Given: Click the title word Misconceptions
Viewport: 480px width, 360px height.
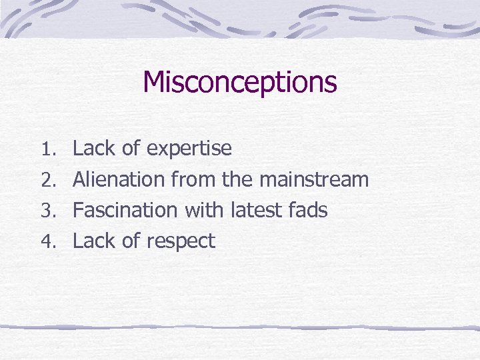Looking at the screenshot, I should coord(239,83).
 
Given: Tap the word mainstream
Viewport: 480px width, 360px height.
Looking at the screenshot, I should coord(313,179).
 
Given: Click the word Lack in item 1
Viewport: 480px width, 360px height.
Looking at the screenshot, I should coord(93,148).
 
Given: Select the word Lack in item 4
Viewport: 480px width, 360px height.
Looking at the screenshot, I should coord(93,241).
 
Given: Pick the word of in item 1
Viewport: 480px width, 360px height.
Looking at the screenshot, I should coord(131,148).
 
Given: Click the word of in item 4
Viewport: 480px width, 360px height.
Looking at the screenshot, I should coord(131,241).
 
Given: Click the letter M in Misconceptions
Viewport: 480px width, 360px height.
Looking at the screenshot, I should coord(154,83).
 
